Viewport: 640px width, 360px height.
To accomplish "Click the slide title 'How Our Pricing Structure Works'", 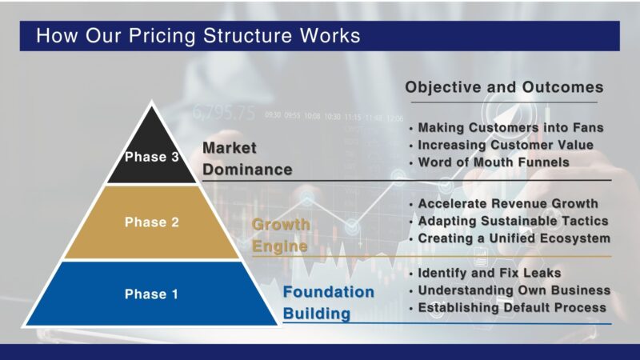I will (x=198, y=36).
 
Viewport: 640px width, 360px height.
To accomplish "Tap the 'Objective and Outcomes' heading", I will (x=504, y=87).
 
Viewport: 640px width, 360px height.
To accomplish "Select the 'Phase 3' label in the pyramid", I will (x=151, y=157).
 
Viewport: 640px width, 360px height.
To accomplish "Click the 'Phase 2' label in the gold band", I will (x=151, y=222).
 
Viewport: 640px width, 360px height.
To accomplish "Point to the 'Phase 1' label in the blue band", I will (x=151, y=294).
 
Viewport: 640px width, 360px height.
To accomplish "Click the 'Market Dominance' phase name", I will (x=246, y=158).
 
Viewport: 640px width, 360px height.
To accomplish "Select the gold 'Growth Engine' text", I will (x=280, y=235).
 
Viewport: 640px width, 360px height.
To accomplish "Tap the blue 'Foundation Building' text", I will (x=328, y=302).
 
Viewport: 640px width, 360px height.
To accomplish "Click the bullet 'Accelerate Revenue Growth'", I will (x=508, y=204).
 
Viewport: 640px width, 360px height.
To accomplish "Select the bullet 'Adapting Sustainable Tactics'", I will (x=513, y=221).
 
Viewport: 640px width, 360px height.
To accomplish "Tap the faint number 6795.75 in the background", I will (x=223, y=112).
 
